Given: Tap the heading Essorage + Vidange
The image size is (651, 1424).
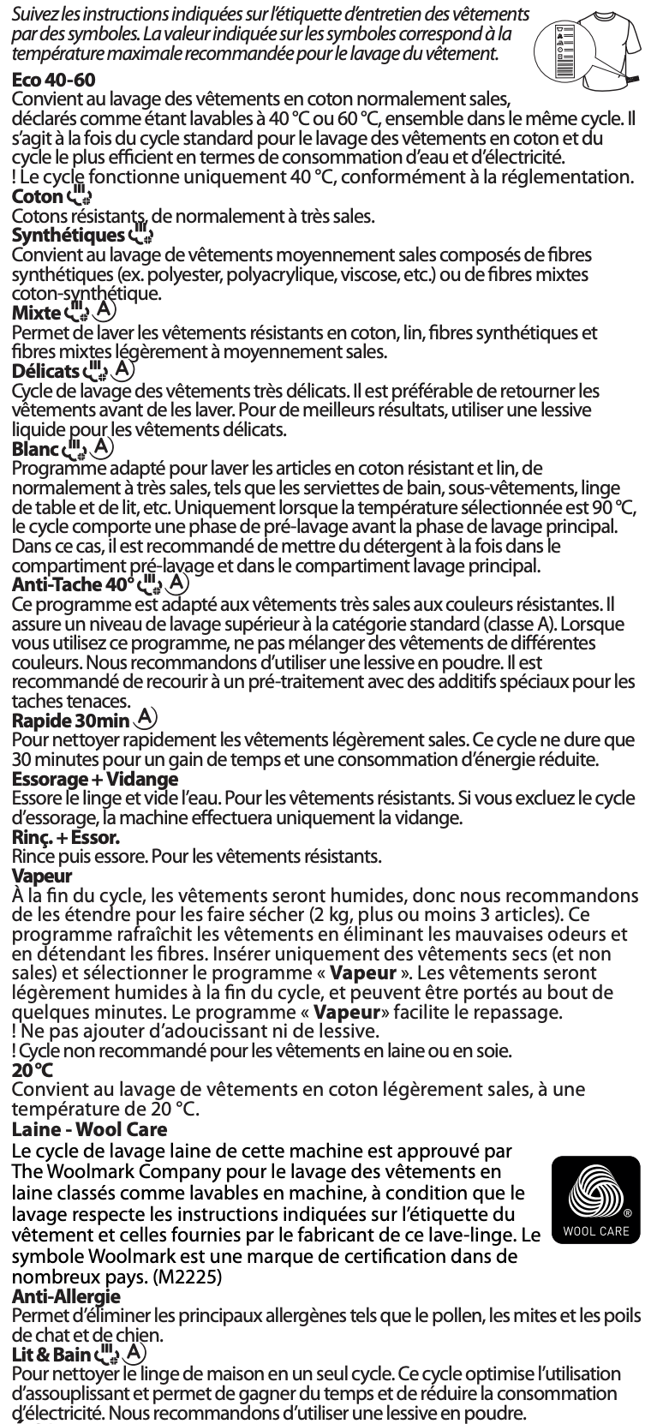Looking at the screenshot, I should (x=94, y=779).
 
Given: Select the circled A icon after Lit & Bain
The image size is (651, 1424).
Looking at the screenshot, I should (x=133, y=1353).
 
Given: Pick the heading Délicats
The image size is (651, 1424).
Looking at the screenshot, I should (x=45, y=371).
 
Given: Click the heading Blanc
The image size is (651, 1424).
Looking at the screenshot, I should (x=35, y=448).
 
